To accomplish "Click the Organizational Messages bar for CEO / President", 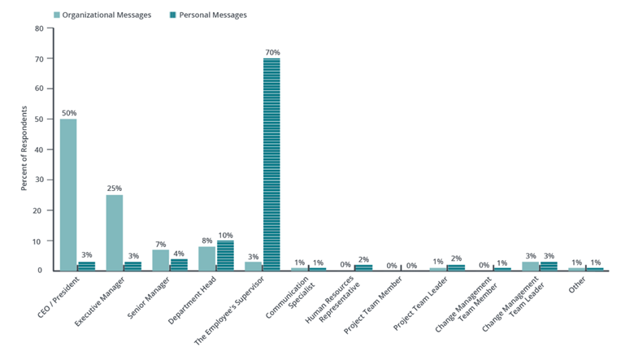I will pos(68,195).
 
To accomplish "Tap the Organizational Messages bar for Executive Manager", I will pos(115,232).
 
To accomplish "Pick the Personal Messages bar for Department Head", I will pos(225,255).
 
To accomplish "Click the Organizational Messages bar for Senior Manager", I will pos(161,260).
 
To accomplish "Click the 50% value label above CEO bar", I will pos(68,113).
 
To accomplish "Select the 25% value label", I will pos(115,189).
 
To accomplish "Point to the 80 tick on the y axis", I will pos(38,28).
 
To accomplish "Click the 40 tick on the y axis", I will pos(38,149).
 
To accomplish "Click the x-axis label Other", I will pos(578,286).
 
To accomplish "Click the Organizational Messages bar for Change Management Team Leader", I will pos(530,266).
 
